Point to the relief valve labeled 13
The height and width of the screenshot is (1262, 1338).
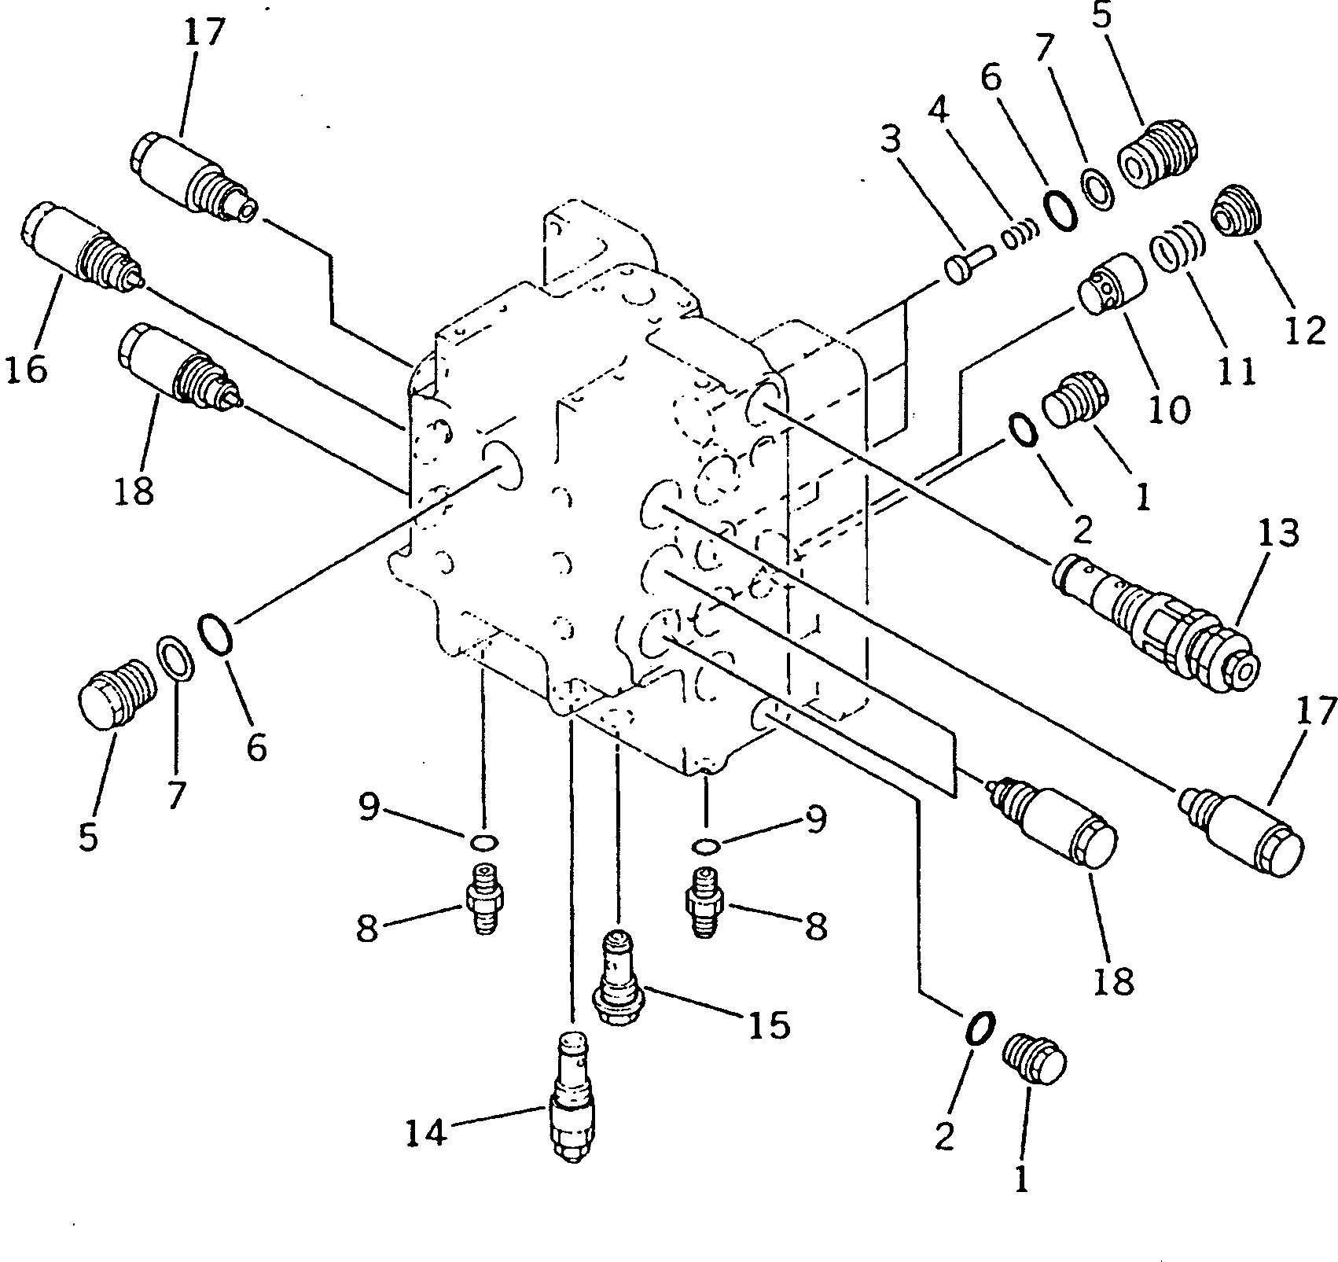(1156, 620)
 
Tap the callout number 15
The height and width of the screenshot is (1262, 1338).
(768, 1025)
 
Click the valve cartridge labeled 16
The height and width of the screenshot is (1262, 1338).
(79, 247)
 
